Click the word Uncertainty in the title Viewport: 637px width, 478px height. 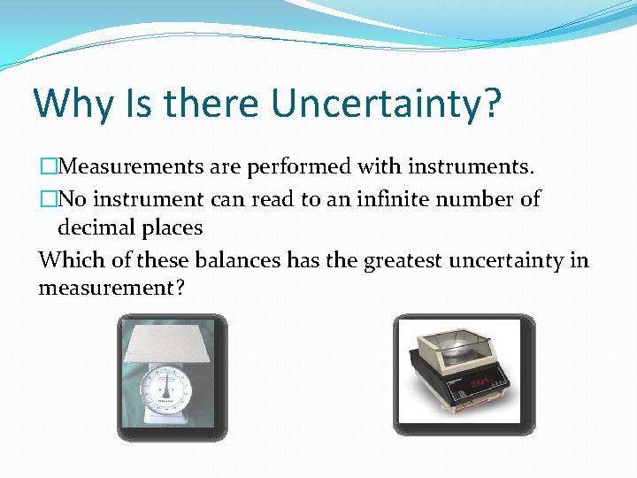[x=386, y=103]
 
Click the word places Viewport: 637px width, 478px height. [x=169, y=228]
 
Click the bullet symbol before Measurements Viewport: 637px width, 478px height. [x=47, y=166]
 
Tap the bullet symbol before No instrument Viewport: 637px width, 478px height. [x=47, y=200]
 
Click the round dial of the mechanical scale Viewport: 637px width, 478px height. [x=166, y=388]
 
